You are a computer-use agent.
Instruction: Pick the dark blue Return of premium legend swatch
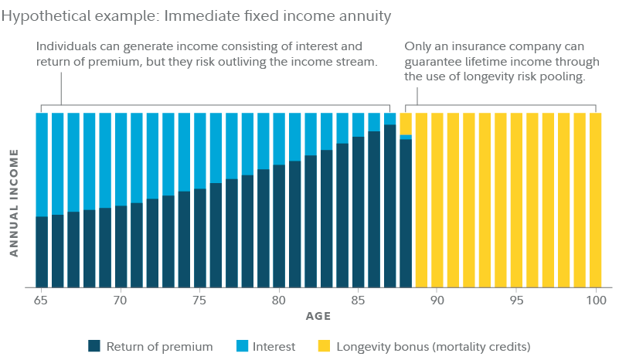pos(95,346)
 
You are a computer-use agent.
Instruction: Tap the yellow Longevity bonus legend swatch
pos(323,346)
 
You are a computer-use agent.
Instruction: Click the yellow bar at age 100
pos(595,199)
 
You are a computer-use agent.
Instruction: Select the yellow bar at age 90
pos(437,199)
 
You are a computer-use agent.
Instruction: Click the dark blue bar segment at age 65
pos(42,251)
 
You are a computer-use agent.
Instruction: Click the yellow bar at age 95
pos(516,199)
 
